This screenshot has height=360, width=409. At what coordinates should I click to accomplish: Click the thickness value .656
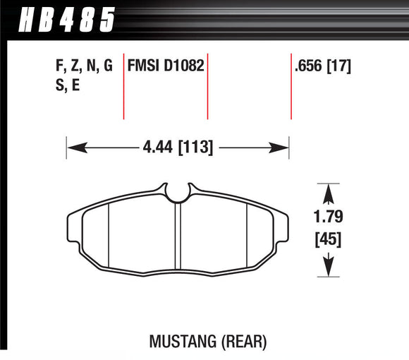point(309,67)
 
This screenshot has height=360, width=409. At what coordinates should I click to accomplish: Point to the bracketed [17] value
point(339,67)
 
